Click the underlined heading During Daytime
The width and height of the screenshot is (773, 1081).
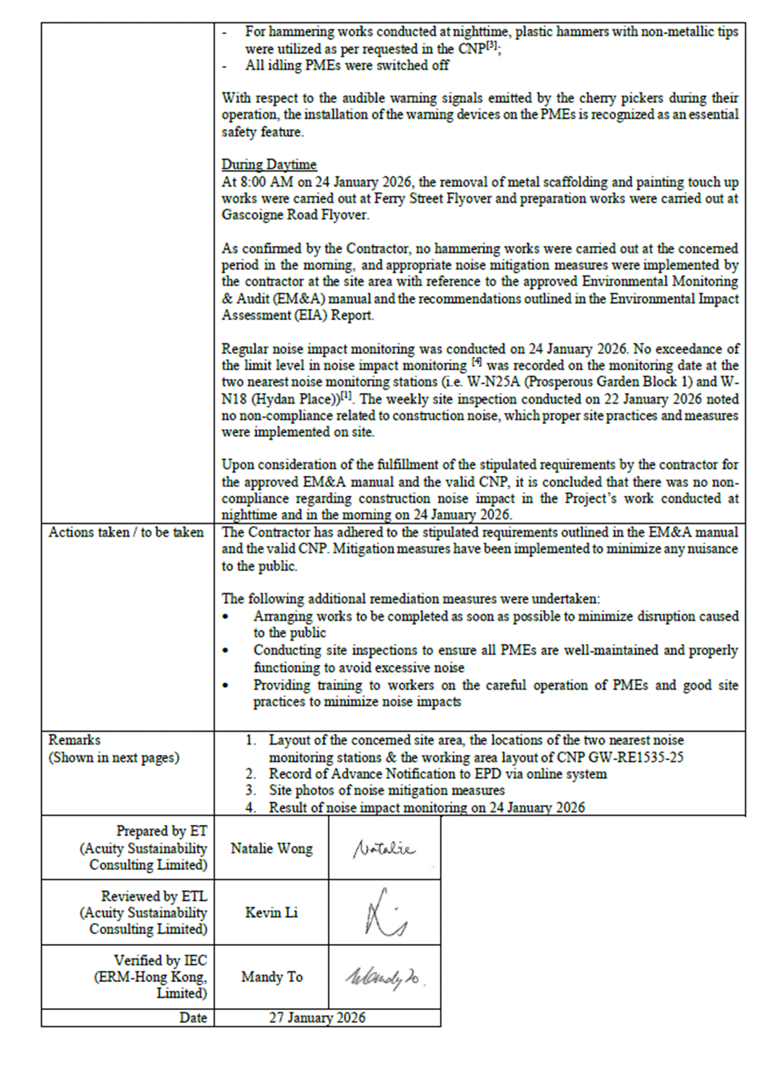pyautogui.click(x=269, y=165)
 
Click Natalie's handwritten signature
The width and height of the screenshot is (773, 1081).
pyautogui.click(x=384, y=849)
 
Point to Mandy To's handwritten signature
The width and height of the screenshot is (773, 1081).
pyautogui.click(x=384, y=978)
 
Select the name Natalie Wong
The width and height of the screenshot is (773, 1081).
pyautogui.click(x=271, y=849)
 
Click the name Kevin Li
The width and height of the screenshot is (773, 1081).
pyautogui.click(x=271, y=913)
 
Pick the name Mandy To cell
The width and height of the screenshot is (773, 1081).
pyautogui.click(x=271, y=977)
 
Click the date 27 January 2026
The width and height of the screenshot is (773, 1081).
pyautogui.click(x=317, y=1018)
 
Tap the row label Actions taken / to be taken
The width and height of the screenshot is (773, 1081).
pyautogui.click(x=126, y=532)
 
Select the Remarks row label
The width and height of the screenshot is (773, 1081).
pyautogui.click(x=74, y=740)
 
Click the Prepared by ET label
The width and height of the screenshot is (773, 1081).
pyautogui.click(x=161, y=831)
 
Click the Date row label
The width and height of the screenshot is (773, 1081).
pyautogui.click(x=193, y=1018)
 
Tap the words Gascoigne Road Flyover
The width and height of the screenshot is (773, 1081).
pyautogui.click(x=294, y=215)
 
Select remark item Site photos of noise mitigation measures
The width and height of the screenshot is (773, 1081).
pyautogui.click(x=387, y=791)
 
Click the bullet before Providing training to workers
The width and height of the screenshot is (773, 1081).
pyautogui.click(x=226, y=686)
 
